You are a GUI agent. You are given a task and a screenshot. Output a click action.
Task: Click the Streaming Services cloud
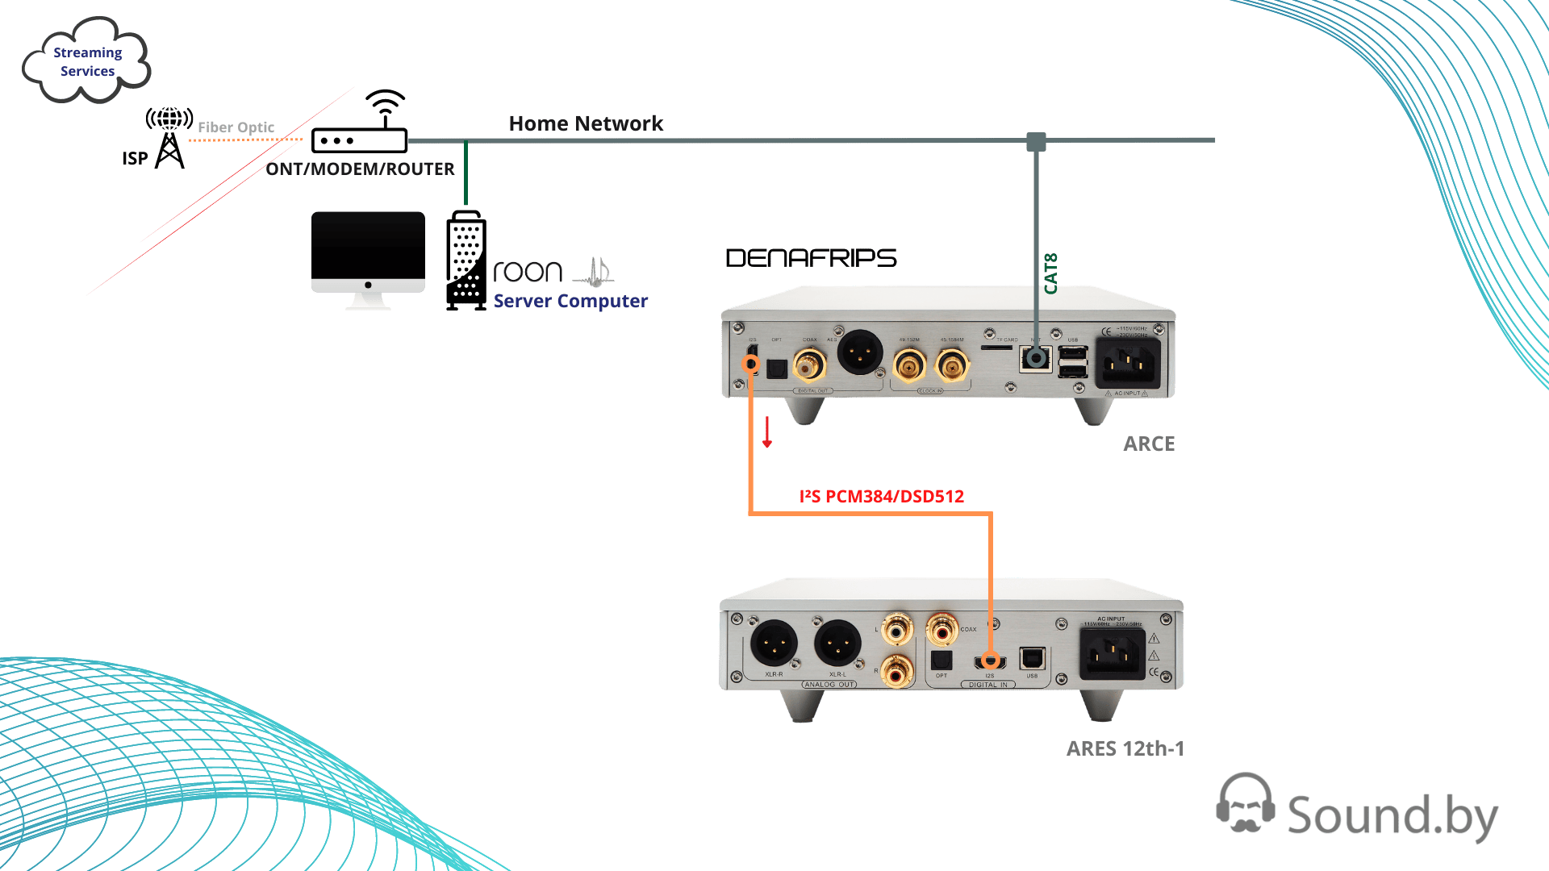(x=86, y=62)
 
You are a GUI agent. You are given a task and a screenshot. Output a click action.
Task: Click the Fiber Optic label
(x=236, y=127)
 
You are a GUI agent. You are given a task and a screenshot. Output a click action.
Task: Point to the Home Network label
(x=586, y=123)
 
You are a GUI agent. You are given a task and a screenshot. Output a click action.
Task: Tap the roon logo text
(x=528, y=272)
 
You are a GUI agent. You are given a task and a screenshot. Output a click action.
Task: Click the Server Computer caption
(x=570, y=301)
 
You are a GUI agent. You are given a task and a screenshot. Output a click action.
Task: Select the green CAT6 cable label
(x=1050, y=273)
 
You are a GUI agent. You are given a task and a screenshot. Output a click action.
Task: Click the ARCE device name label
(x=1149, y=444)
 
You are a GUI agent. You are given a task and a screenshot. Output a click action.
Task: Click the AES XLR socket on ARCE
(x=861, y=352)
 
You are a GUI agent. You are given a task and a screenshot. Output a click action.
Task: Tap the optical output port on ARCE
(x=777, y=369)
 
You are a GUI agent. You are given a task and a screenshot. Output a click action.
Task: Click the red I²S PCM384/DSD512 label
(x=881, y=497)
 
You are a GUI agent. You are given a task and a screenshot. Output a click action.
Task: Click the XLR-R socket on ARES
(x=774, y=644)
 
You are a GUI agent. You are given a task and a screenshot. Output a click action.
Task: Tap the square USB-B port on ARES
(x=1033, y=659)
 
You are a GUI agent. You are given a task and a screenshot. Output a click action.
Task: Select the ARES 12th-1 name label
(x=1125, y=748)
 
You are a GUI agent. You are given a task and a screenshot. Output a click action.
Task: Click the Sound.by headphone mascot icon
(x=1245, y=803)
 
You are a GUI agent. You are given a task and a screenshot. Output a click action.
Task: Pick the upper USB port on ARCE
(x=1072, y=353)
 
